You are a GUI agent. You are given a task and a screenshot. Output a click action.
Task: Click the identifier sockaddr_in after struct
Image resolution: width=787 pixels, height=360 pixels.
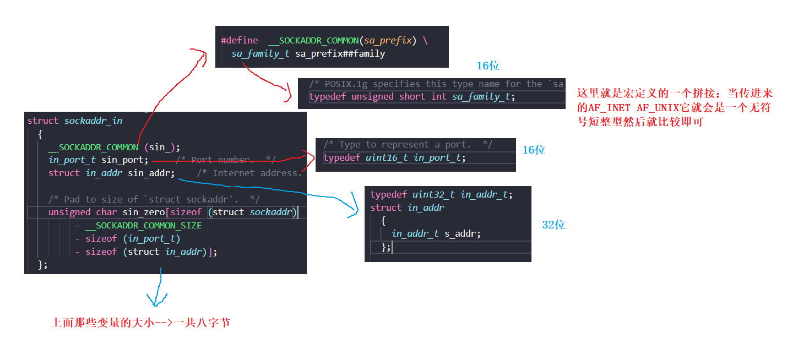[x=93, y=121]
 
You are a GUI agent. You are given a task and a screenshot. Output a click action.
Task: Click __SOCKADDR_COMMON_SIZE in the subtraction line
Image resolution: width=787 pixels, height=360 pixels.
[x=143, y=225]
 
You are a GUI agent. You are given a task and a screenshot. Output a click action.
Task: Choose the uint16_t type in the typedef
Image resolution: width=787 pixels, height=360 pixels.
[x=388, y=157]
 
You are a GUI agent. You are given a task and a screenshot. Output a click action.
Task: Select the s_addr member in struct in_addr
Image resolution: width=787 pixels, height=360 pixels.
[x=463, y=233]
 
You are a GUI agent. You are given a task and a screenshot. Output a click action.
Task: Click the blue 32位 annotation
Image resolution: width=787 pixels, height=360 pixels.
[x=553, y=225]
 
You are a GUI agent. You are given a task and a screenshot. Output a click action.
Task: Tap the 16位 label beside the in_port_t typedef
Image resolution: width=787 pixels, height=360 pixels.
[x=534, y=150]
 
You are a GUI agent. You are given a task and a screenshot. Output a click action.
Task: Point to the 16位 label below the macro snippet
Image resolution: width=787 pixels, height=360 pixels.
[x=488, y=66]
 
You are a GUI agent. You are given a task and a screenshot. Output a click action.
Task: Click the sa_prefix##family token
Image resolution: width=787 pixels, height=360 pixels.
[x=340, y=54]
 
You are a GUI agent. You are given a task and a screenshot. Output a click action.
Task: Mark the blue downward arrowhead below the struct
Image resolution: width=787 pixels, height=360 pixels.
[x=157, y=302]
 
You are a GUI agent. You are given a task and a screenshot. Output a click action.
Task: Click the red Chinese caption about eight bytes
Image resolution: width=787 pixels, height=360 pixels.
[x=140, y=323]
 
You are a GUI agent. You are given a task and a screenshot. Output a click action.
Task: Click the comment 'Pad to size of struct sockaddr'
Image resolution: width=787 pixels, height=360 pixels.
[x=154, y=199]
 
